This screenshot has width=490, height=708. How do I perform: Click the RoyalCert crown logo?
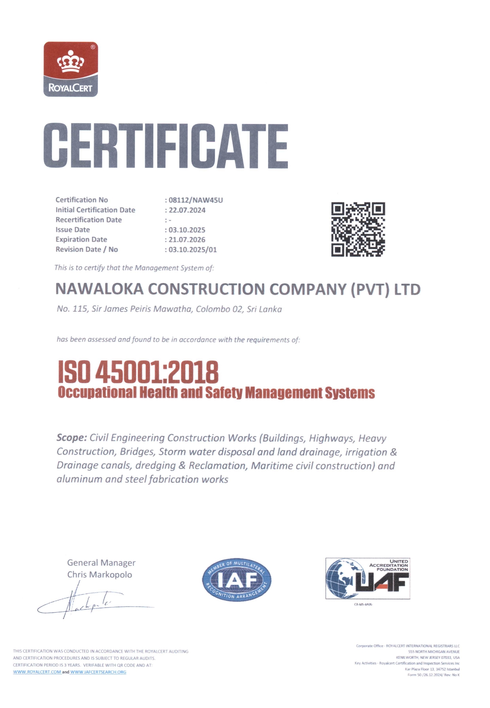point(70,69)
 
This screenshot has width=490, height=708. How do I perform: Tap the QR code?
point(358,229)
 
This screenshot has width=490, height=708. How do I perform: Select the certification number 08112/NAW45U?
point(196,200)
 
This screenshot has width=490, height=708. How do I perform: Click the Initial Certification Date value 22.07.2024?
point(187,210)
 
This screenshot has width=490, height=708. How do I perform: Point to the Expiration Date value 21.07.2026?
point(187,240)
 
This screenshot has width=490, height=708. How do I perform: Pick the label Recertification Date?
point(89,220)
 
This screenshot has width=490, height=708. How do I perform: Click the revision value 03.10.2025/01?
point(193,249)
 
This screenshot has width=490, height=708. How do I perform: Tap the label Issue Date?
point(73,230)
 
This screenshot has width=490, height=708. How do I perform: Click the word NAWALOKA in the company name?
point(99,289)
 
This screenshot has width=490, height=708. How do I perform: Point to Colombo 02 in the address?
point(219,309)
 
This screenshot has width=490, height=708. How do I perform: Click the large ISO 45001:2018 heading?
point(138,372)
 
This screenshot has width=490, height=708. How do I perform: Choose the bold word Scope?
point(72,438)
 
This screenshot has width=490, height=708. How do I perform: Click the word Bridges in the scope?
point(137,451)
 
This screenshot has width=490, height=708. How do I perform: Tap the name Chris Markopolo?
point(100,575)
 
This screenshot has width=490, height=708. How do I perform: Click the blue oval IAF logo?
point(236,580)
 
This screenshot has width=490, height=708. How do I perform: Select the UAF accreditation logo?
point(367,579)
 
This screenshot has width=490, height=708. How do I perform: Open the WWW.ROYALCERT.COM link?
point(37,672)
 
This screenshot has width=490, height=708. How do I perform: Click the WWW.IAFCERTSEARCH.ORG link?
point(98,672)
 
